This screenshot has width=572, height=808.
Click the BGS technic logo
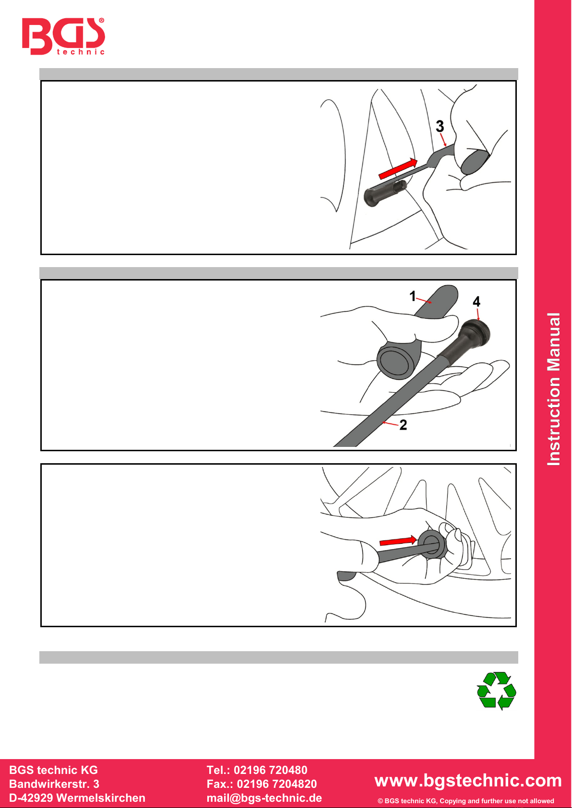(x=63, y=36)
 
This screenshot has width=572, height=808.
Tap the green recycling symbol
(x=496, y=691)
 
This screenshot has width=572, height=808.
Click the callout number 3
(x=440, y=126)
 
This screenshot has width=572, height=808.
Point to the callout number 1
(x=413, y=296)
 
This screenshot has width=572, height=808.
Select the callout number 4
(x=477, y=301)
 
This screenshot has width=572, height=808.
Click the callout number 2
(x=403, y=424)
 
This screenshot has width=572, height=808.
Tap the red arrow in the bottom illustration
(x=398, y=540)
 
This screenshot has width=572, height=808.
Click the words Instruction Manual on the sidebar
(x=553, y=389)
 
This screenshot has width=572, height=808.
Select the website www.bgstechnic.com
(x=468, y=780)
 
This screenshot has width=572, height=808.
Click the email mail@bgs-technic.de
(x=264, y=797)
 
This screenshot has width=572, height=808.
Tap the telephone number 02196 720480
(x=271, y=770)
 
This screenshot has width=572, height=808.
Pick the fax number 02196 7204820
(x=277, y=784)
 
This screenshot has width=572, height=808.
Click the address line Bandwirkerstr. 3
(x=54, y=784)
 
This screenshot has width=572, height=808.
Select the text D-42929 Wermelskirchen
(x=77, y=797)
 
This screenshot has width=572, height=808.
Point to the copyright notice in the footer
(x=465, y=801)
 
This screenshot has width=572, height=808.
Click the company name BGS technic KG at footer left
(x=53, y=770)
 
